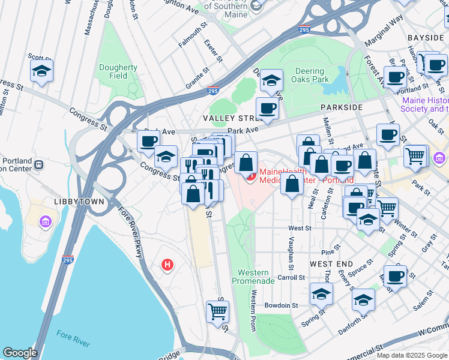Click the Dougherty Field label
click(x=118, y=72)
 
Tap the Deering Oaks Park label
click(x=310, y=75)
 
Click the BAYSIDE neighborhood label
click(x=425, y=38)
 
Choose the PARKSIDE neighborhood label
click(x=342, y=107)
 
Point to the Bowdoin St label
click(x=281, y=305)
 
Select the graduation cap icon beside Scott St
click(x=41, y=71)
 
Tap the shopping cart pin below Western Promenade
click(x=217, y=311)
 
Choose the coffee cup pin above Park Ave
click(x=267, y=109)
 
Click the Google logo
click(x=20, y=353)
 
